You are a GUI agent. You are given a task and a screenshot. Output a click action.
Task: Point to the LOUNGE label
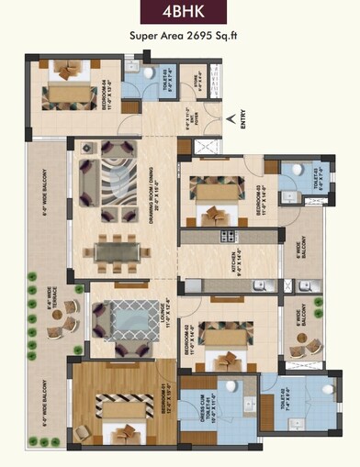[166, 310]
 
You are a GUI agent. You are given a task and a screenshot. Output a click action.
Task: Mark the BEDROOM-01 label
[168, 405]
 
